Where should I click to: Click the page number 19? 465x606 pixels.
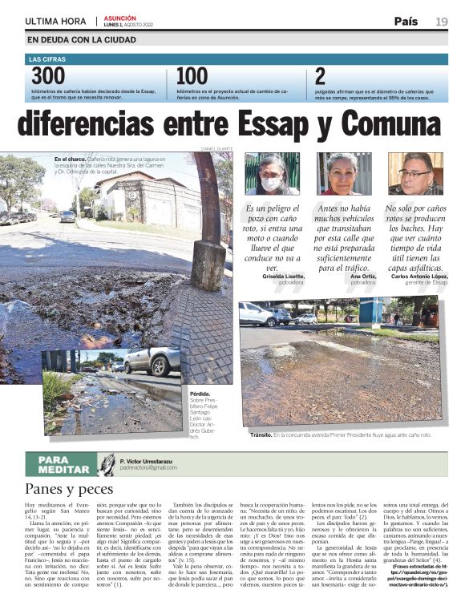pyautogui.click(x=442, y=22)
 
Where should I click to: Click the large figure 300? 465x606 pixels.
pyautogui.click(x=48, y=76)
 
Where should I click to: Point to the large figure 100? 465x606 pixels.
pyautogui.click(x=192, y=76)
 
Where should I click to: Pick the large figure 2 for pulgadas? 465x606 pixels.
pyautogui.click(x=320, y=76)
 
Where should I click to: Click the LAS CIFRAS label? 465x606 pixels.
pyautogui.click(x=46, y=59)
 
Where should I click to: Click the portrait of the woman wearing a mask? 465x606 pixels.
pyautogui.click(x=272, y=173)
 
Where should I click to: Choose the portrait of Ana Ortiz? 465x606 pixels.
pyautogui.click(x=343, y=173)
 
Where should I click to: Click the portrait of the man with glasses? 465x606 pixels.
pyautogui.click(x=414, y=173)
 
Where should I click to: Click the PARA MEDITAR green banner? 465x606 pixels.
pyautogui.click(x=63, y=463)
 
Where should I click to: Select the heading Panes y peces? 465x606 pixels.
pyautogui.click(x=68, y=487)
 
